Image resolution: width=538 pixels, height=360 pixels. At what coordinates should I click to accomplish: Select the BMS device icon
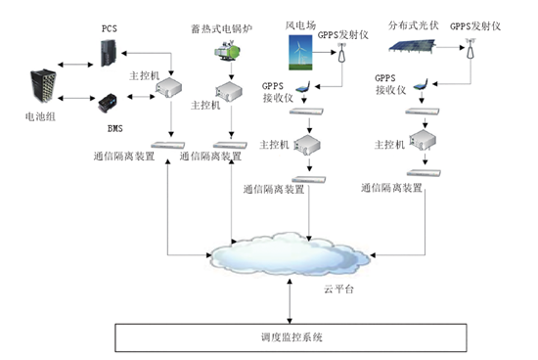(108, 101)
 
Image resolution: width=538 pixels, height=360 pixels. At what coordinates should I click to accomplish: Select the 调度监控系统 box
(291, 337)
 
